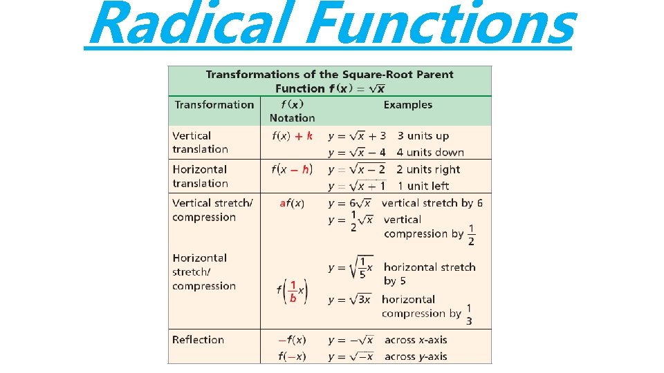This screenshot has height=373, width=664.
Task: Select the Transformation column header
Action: (214, 105)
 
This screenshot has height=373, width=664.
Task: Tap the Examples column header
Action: (407, 105)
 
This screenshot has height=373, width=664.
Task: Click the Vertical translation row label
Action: (200, 142)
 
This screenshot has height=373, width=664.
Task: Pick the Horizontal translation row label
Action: (200, 176)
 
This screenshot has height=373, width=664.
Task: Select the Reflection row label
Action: (198, 340)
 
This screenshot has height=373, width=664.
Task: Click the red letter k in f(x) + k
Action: (309, 136)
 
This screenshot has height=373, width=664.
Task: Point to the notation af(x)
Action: (292, 203)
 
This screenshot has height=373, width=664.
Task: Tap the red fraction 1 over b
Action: (293, 291)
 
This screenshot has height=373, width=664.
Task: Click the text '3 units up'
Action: (423, 136)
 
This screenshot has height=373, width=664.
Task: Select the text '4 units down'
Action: (430, 152)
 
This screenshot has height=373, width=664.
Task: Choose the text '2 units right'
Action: (428, 169)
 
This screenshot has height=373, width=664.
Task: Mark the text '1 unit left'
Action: (423, 186)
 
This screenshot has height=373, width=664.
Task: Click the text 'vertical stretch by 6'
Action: (432, 203)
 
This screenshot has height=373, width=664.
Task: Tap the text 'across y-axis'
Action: (416, 356)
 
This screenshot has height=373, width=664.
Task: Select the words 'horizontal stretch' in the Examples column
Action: (430, 267)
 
